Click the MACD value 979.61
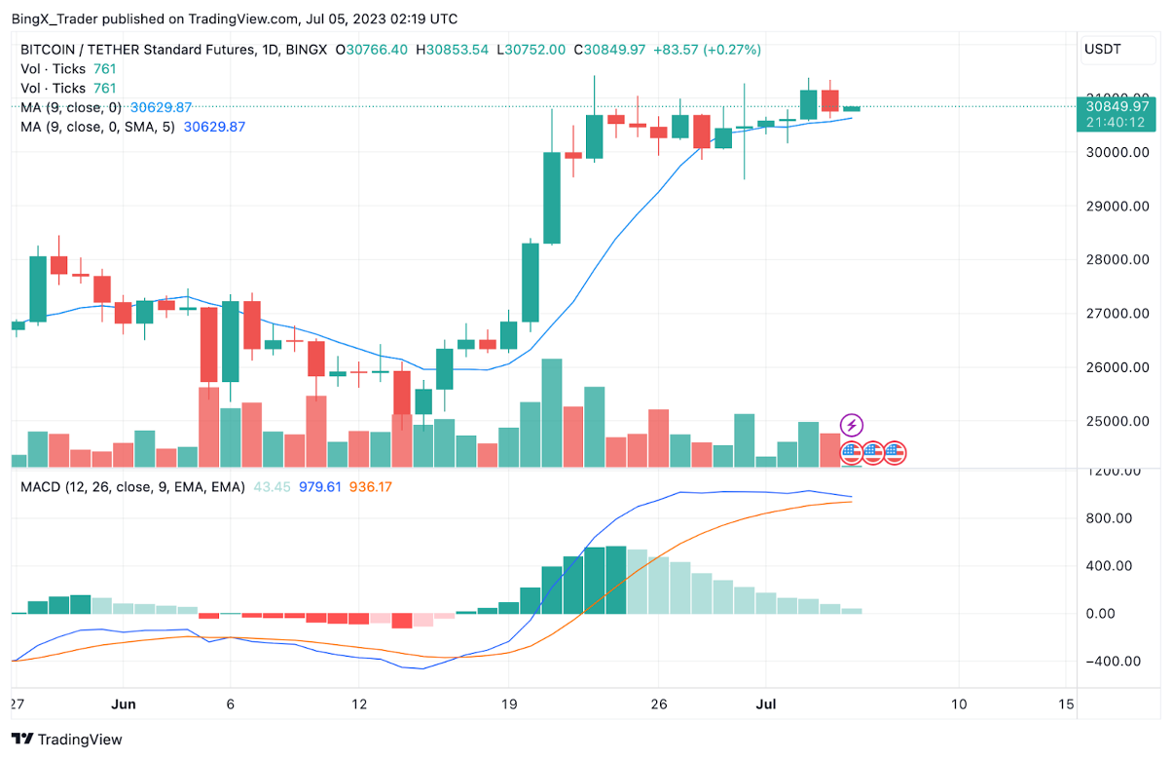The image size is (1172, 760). [x=320, y=486]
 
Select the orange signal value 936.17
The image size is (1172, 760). [x=371, y=486]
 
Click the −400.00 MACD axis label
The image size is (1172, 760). [x=1113, y=662]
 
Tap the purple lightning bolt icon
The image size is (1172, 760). [x=852, y=425]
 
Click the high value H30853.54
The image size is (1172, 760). [x=452, y=50]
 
